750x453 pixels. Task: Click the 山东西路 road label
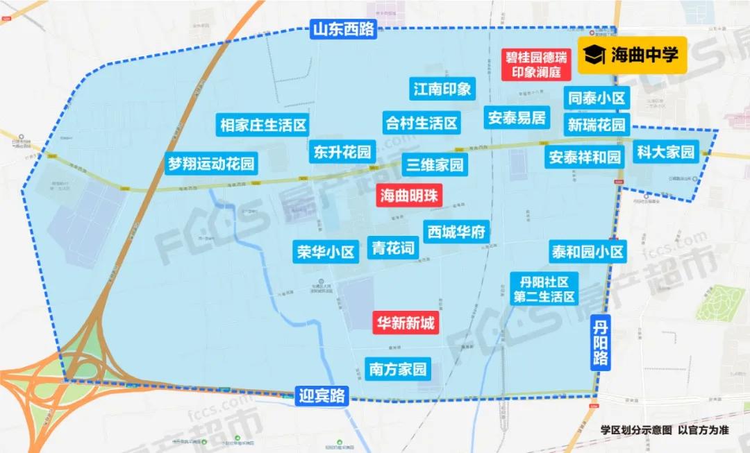343,29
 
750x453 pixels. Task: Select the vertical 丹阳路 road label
601,341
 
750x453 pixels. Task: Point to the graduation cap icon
595,55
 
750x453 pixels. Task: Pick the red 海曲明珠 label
410,196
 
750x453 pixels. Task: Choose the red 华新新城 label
406,323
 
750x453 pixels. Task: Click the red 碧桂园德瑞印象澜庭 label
535,65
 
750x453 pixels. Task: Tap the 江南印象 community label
442,89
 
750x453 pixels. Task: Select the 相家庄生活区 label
263,126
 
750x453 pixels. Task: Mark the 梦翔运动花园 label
211,164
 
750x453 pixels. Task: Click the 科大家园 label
665,152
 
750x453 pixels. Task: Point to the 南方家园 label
398,368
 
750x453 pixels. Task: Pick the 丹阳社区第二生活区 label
544,289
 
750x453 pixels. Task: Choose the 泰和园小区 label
587,251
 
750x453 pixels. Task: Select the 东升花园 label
342,152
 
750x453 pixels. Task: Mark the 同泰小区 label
597,99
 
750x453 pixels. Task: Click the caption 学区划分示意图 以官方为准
665,430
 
